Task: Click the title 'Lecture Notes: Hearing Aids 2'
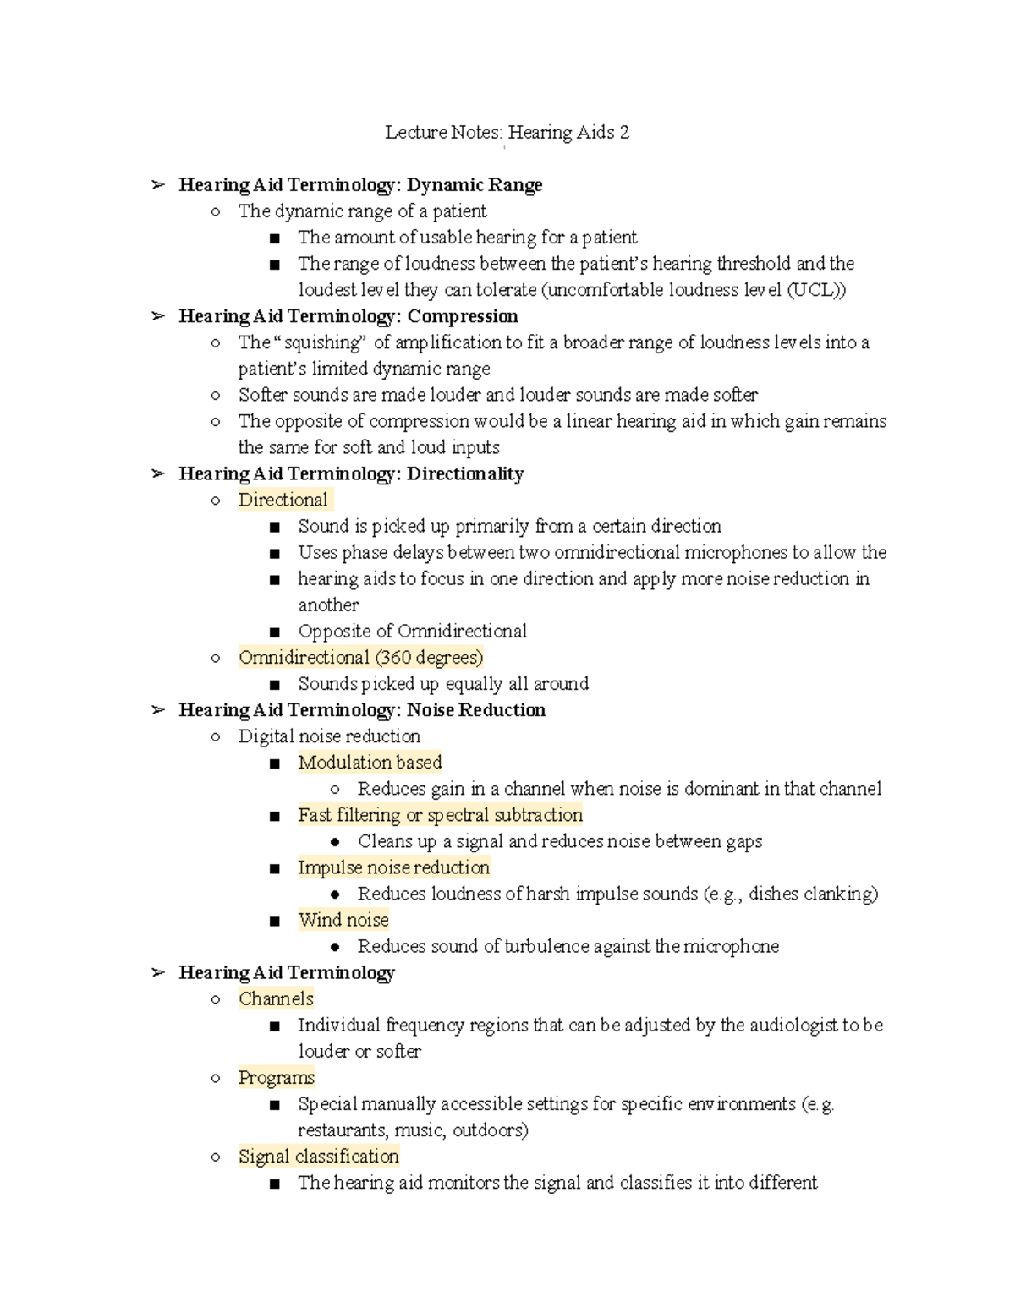click(x=507, y=133)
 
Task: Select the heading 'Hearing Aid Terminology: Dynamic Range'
click(x=360, y=185)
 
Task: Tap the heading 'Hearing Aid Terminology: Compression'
click(x=348, y=316)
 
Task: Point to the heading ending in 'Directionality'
click(x=351, y=473)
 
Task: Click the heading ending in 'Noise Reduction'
click(x=362, y=710)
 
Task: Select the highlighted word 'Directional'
click(x=283, y=500)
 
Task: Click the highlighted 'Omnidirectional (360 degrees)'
click(x=360, y=658)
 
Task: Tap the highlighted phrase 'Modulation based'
click(x=370, y=763)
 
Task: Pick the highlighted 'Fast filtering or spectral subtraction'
click(x=440, y=815)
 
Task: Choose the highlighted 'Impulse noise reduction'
click(x=393, y=867)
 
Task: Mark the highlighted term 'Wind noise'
click(x=343, y=920)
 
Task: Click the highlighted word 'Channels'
click(x=276, y=998)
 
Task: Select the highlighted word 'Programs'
click(x=276, y=1078)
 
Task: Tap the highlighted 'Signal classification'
click(x=318, y=1157)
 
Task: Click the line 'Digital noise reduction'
click(x=329, y=736)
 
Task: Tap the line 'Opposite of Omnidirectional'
click(x=412, y=632)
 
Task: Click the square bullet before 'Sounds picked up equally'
click(x=274, y=685)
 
